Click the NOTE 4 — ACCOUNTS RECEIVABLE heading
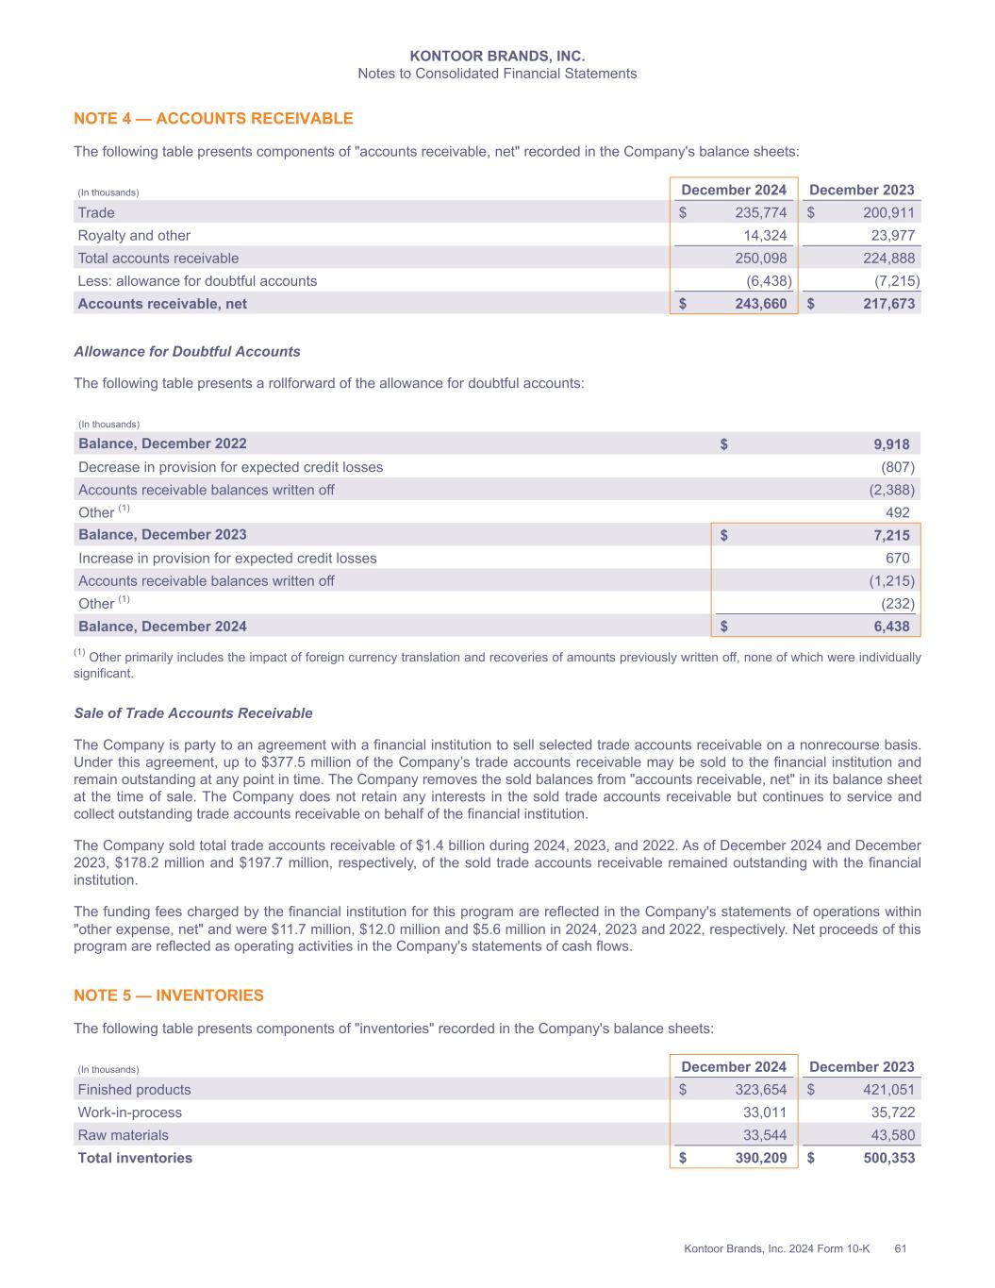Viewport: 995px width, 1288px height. click(213, 119)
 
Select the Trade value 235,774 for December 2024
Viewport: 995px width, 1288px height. click(760, 213)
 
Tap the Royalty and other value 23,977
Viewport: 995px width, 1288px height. click(888, 236)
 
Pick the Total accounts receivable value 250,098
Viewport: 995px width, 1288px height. click(760, 259)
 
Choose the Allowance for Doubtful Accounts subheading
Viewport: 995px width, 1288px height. click(187, 352)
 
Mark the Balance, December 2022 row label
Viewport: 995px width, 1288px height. click(162, 443)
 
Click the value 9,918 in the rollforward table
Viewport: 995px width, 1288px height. click(891, 443)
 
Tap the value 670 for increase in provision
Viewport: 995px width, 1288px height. click(898, 559)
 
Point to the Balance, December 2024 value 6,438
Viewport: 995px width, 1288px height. click(891, 627)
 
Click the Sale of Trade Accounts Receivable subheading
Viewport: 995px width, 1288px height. click(193, 713)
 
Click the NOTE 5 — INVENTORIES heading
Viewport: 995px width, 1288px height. click(169, 995)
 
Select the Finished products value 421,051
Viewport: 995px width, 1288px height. click(888, 1090)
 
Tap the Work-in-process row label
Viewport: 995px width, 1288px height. click(130, 1112)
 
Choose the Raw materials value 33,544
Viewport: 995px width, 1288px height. click(765, 1135)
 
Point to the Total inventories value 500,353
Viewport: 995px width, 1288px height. click(888, 1158)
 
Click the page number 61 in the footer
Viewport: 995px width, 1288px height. click(901, 1249)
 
